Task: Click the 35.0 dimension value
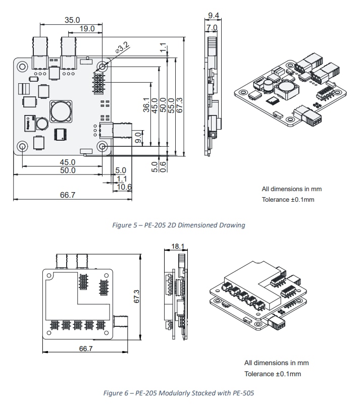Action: pyautogui.click(x=72, y=20)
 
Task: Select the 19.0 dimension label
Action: pyautogui.click(x=86, y=29)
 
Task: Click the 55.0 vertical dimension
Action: pyautogui.click(x=171, y=106)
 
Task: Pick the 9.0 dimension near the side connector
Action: pyautogui.click(x=138, y=137)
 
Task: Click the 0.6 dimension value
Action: pyautogui.click(x=163, y=166)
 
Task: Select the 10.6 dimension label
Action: pyautogui.click(x=124, y=187)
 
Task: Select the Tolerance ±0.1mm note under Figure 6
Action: pyautogui.click(x=273, y=374)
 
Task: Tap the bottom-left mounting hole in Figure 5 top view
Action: pyautogui.click(x=23, y=146)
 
